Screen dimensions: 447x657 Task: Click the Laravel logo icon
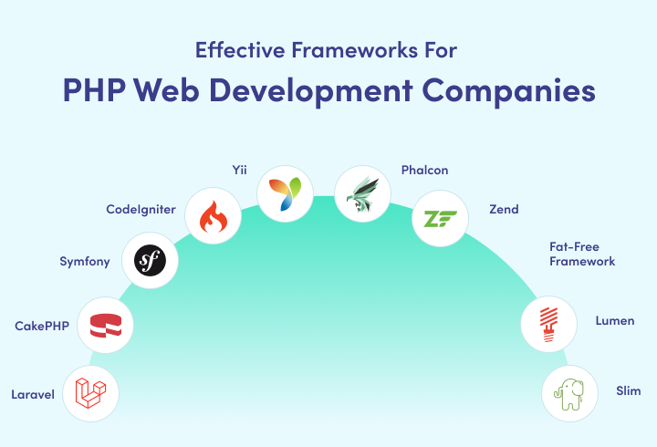click(x=91, y=392)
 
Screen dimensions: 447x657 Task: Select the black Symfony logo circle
click(x=150, y=262)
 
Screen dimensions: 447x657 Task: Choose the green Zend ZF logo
click(x=439, y=218)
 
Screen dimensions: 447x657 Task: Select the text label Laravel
click(x=34, y=395)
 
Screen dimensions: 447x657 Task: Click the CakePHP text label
click(x=42, y=326)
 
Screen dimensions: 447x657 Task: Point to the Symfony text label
click(x=84, y=262)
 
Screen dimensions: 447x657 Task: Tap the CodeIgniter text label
click(x=140, y=210)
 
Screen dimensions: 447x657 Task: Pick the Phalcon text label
click(x=424, y=170)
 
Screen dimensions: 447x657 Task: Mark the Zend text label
click(x=503, y=210)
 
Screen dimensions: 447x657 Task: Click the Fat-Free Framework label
click(x=581, y=254)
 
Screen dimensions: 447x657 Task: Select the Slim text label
click(x=628, y=390)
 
